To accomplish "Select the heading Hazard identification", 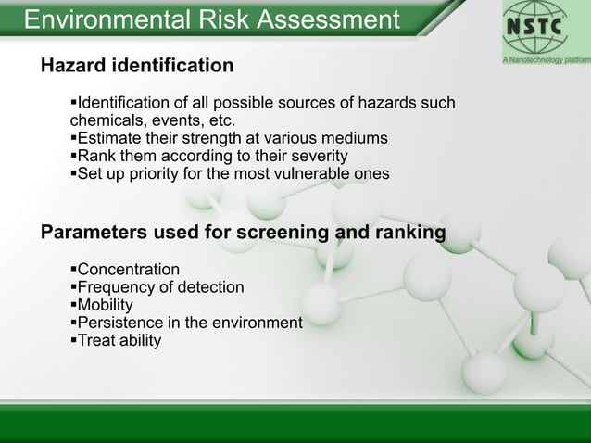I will coord(137,66).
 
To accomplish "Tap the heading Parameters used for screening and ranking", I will coord(244,232).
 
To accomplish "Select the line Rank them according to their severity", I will coord(208,156).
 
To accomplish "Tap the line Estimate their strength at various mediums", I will coord(229,138).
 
